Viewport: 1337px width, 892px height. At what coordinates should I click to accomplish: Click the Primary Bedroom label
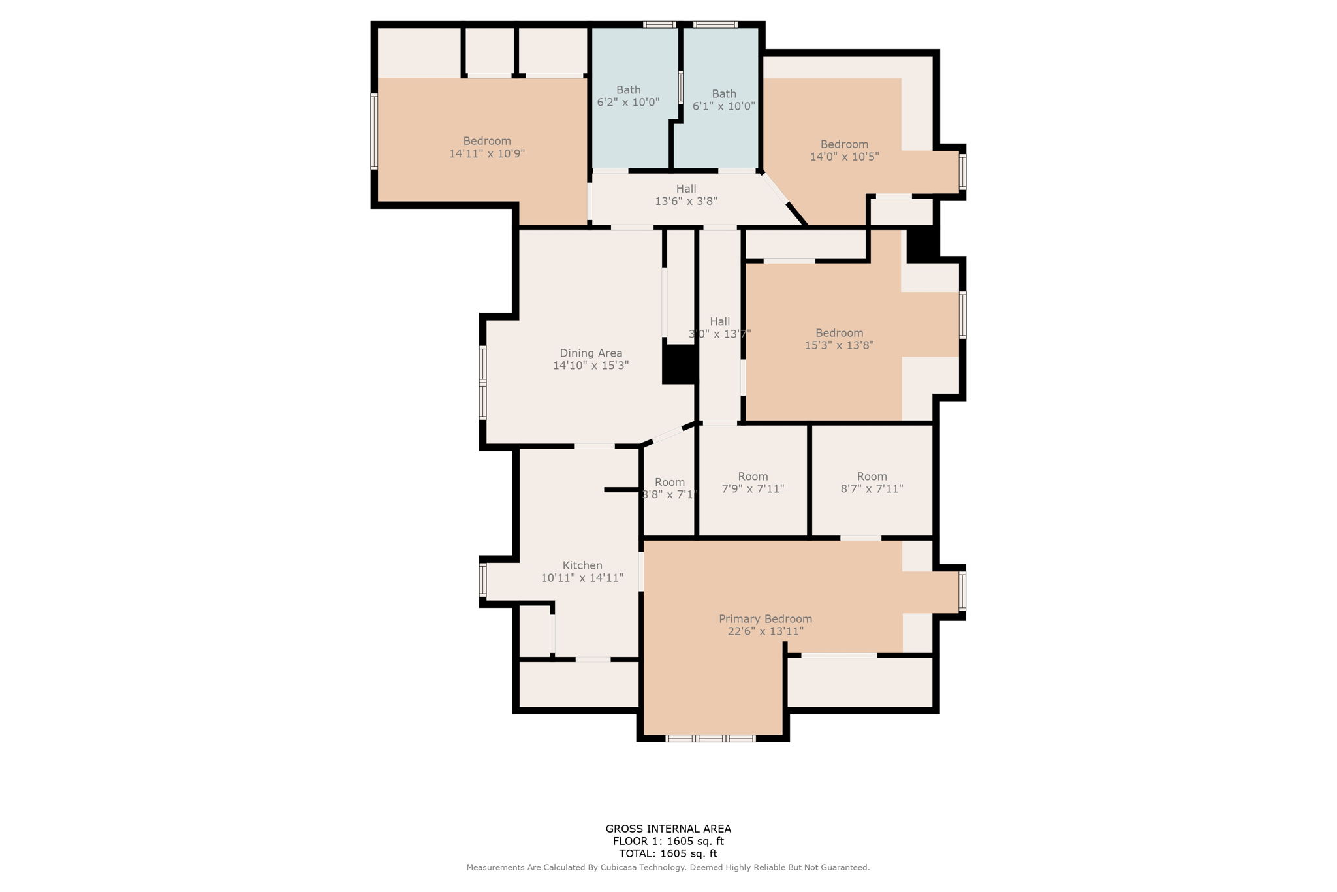click(765, 619)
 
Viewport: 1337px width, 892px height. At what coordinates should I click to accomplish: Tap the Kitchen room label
click(582, 565)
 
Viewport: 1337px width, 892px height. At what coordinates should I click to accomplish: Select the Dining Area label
click(591, 353)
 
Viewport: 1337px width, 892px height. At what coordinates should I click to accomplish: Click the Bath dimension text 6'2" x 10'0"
click(628, 103)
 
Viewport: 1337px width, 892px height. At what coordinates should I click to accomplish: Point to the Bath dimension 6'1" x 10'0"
click(723, 106)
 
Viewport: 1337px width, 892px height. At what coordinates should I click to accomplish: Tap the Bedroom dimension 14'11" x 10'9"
click(487, 154)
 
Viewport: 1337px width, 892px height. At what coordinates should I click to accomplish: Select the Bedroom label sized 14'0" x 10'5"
click(844, 144)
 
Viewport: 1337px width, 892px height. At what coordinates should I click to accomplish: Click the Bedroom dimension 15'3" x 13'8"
click(839, 345)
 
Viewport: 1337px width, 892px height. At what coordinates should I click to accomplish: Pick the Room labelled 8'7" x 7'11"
click(872, 483)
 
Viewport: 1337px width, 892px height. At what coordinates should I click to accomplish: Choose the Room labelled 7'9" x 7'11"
click(753, 483)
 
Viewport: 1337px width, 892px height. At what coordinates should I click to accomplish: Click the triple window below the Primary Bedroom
click(710, 739)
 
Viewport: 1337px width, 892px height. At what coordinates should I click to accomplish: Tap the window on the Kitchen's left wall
click(483, 580)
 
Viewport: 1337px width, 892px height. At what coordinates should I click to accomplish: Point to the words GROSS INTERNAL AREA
click(668, 829)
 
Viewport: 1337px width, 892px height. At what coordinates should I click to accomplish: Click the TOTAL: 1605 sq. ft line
click(668, 853)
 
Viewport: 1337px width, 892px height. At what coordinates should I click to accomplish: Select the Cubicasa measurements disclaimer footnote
click(668, 868)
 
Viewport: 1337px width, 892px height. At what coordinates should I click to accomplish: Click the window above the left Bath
click(659, 25)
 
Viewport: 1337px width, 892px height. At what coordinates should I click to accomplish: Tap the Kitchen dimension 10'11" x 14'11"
click(582, 578)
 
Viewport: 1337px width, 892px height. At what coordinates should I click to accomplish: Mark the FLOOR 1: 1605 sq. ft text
click(668, 842)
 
